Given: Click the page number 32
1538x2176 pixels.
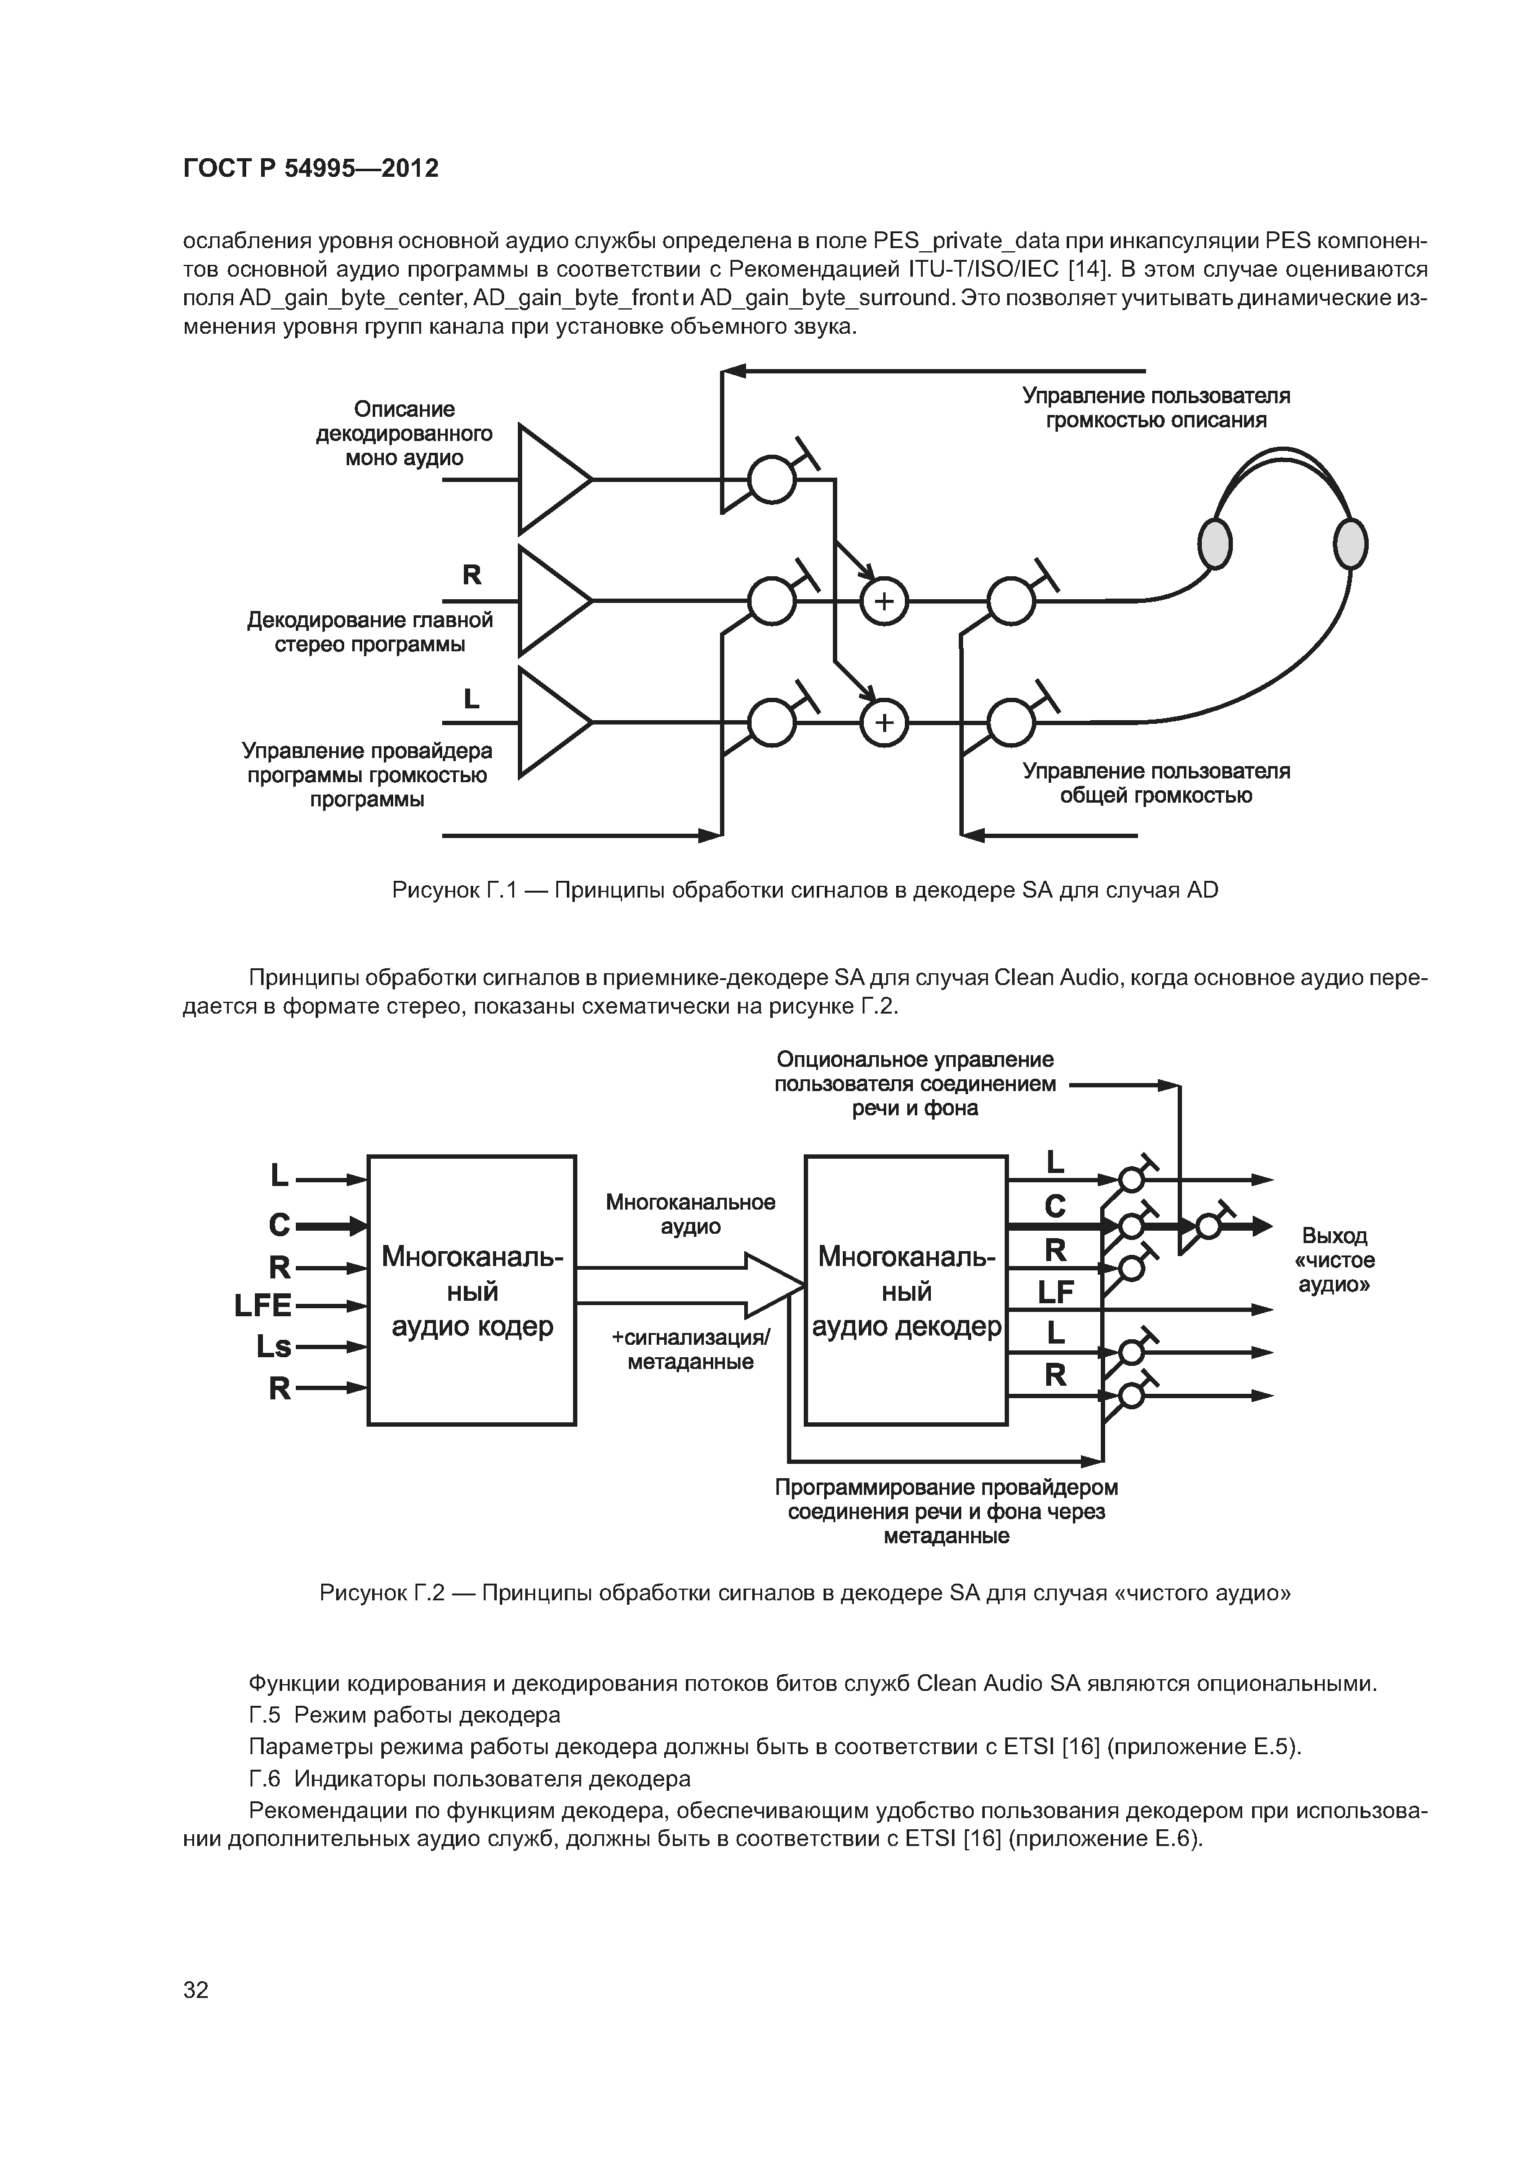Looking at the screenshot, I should (x=195, y=1989).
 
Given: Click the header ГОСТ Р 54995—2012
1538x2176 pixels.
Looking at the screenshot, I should (x=311, y=169).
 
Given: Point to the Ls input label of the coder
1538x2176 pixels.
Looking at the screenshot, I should (x=274, y=1347).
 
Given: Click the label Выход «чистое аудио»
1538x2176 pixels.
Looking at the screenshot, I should (x=1334, y=1260).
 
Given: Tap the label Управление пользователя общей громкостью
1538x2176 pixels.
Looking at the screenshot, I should (x=1156, y=783).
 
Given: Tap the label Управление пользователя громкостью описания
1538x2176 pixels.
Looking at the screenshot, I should (x=1156, y=408).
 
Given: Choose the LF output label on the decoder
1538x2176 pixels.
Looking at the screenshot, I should (x=1055, y=1291).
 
